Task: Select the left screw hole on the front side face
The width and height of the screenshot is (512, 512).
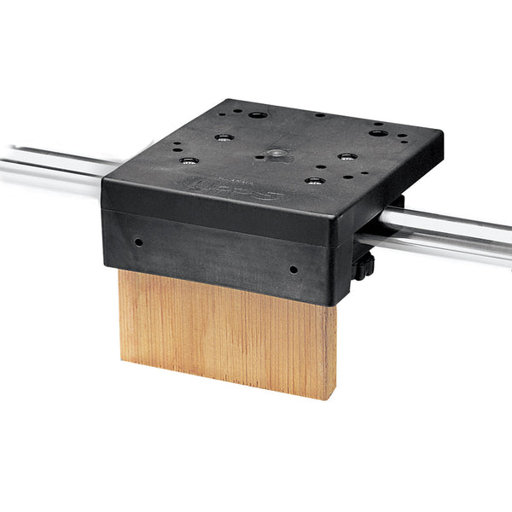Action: point(138,242)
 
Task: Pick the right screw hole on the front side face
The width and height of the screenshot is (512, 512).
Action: point(294,269)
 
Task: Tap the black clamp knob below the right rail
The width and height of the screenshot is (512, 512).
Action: point(365,265)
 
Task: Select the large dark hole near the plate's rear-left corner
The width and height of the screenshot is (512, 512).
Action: point(258,114)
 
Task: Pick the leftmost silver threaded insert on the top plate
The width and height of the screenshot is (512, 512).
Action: point(190,160)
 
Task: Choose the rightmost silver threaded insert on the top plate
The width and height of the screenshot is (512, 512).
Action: point(346,157)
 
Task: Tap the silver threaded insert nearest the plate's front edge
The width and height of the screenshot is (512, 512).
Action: point(315,181)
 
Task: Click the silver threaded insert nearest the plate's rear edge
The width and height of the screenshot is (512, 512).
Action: point(224,137)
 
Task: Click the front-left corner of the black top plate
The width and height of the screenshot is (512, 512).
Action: point(103,181)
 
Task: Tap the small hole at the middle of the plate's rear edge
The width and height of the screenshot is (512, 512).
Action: point(319,114)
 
